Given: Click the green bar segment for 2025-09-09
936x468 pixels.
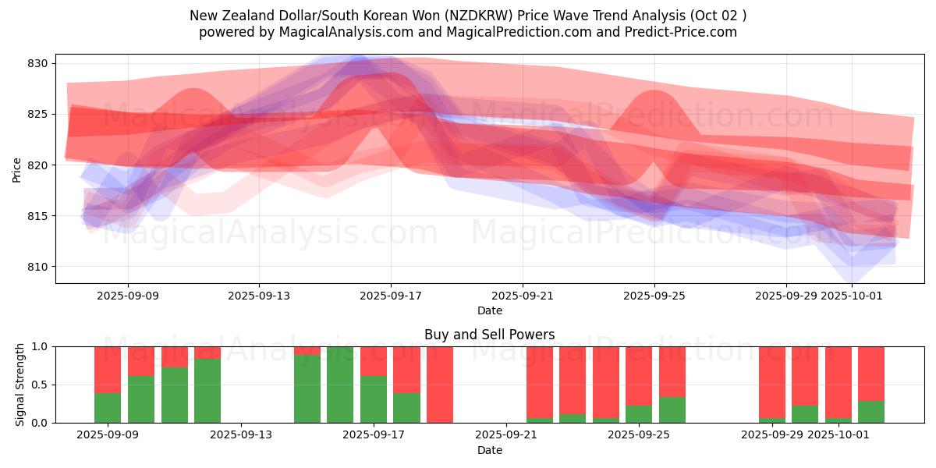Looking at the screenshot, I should click(x=108, y=407).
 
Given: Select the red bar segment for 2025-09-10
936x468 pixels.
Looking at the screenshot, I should click(x=141, y=361).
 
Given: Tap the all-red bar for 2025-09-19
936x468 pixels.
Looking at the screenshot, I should click(x=440, y=385).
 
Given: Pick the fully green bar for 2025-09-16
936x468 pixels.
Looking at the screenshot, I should click(x=340, y=385).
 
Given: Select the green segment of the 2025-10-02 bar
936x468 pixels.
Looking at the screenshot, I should click(x=871, y=412).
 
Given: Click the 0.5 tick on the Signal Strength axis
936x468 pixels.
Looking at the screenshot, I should click(x=39, y=385).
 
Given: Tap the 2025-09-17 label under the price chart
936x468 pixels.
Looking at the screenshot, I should click(x=391, y=296).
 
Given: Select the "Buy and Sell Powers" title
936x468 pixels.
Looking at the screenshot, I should click(x=490, y=335).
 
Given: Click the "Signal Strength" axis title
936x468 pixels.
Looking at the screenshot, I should click(x=20, y=385).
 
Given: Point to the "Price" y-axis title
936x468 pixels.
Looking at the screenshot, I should click(x=17, y=169).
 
